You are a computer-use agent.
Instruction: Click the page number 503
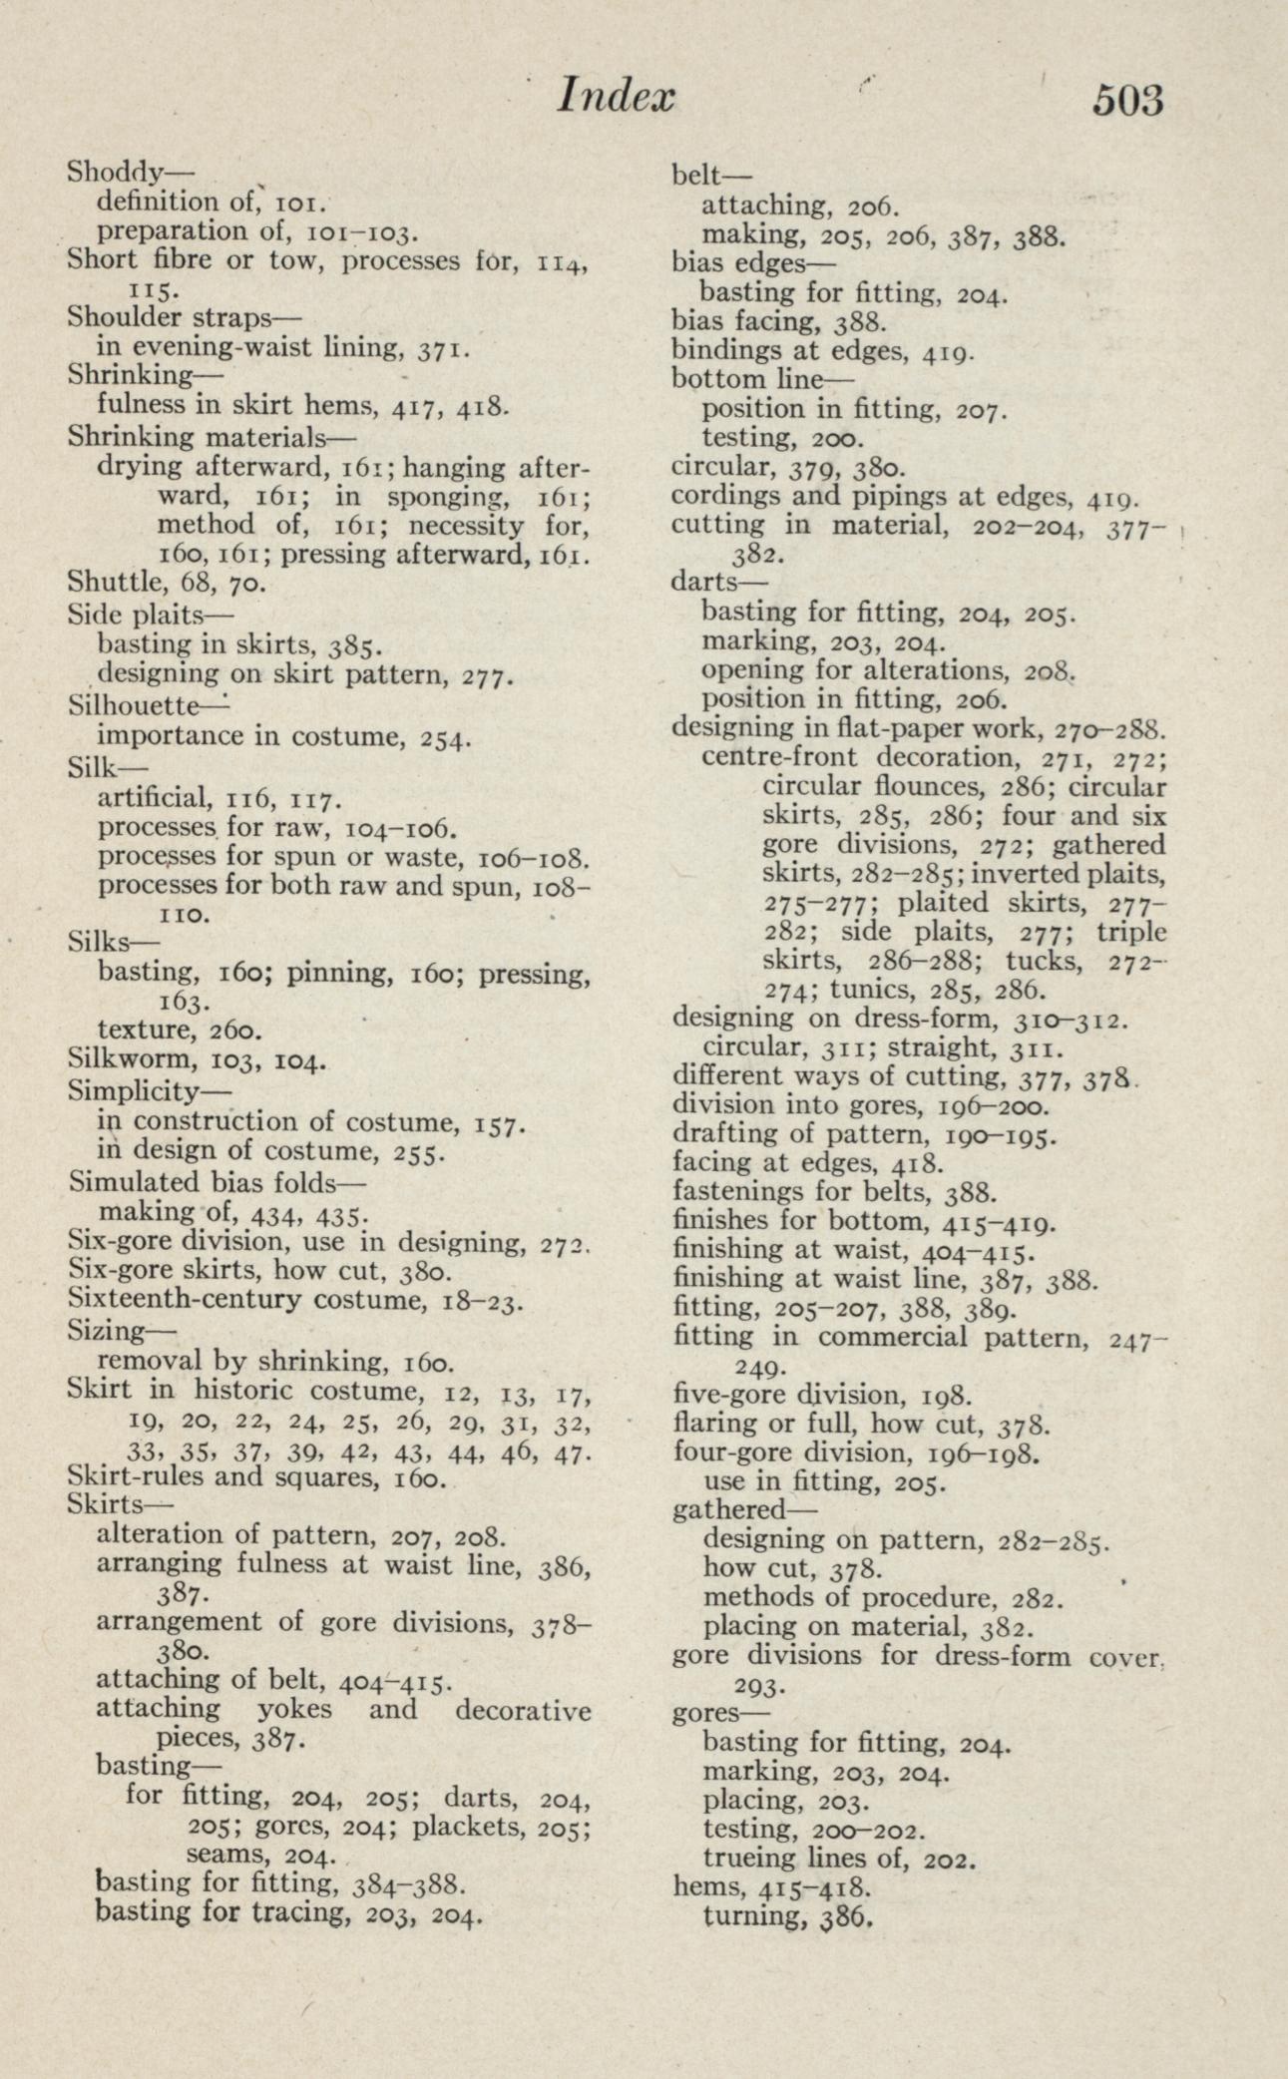tap(1127, 101)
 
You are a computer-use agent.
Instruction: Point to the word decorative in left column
tap(522, 1710)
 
